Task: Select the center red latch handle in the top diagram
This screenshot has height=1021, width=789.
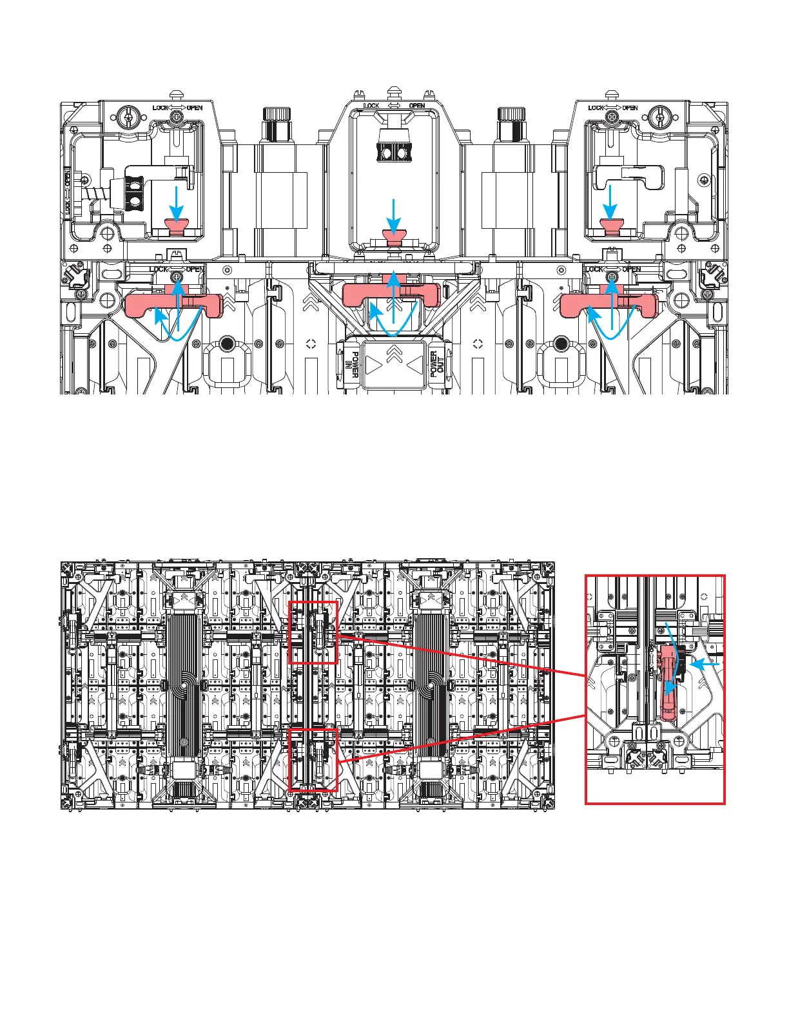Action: point(391,294)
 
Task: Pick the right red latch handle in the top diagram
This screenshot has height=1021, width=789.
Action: point(609,303)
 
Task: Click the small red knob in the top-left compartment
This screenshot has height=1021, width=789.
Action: point(176,226)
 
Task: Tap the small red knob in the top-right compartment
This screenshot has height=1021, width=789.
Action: point(609,226)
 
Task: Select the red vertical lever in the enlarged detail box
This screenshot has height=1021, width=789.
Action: point(667,683)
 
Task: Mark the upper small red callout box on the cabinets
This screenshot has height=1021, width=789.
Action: point(313,632)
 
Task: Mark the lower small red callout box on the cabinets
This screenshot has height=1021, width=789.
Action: point(313,759)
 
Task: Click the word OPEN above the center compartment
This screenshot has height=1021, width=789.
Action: point(417,106)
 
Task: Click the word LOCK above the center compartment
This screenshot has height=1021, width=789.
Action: point(371,106)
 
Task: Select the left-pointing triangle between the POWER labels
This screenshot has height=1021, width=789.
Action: point(413,365)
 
